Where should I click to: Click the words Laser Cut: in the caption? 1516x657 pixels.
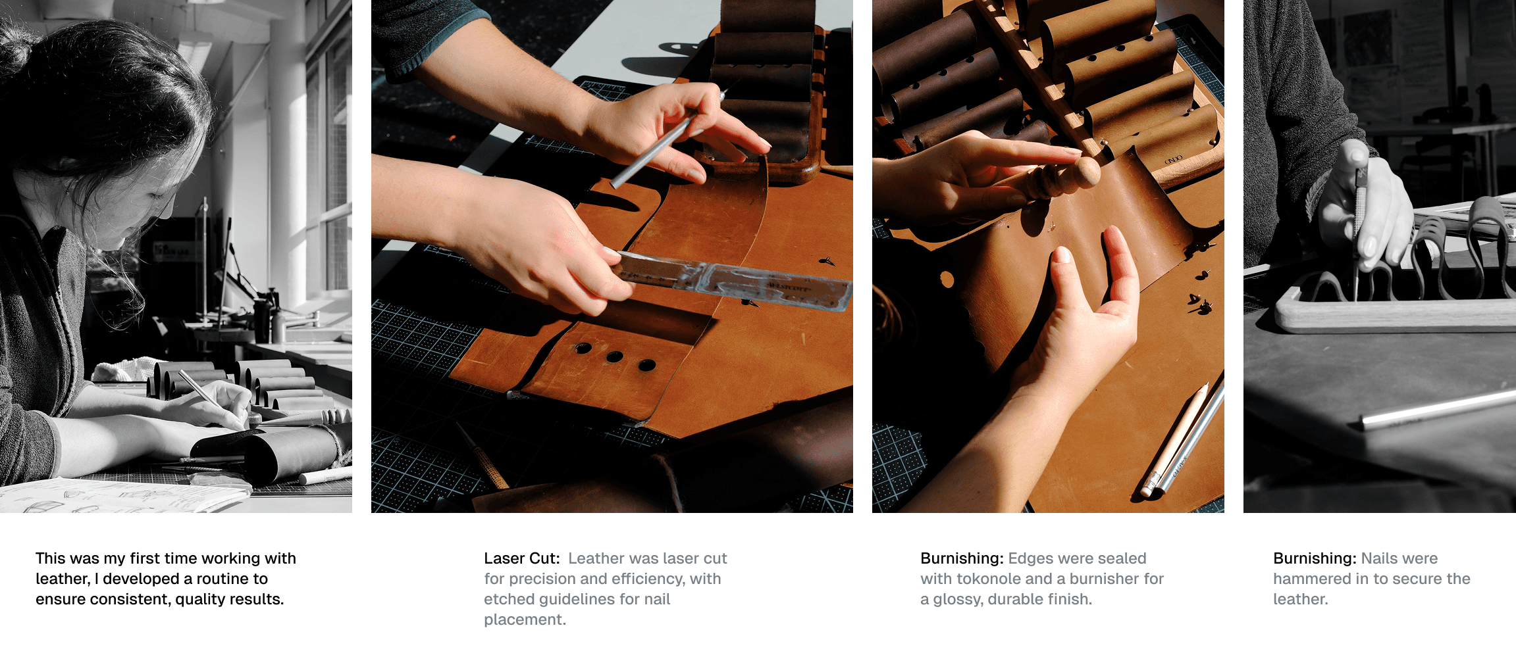pos(521,558)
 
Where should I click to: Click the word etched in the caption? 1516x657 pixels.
pos(508,599)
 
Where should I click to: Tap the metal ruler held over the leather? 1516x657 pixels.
pos(731,280)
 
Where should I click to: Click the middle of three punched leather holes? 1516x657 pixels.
pos(615,356)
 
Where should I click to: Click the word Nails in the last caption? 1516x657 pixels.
pos(1380,558)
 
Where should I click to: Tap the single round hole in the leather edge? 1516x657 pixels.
pos(947,280)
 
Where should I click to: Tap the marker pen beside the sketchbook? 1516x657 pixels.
pos(325,475)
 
